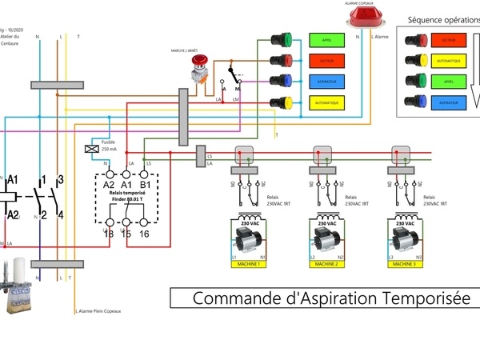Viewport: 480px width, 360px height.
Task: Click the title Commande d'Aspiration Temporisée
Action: pos(322,298)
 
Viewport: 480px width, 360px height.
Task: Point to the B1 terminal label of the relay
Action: pos(144,185)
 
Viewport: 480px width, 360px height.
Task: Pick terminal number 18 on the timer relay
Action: pos(109,233)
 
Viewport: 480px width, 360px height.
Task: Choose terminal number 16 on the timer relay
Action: pos(144,233)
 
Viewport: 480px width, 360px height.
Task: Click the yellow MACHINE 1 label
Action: pos(247,263)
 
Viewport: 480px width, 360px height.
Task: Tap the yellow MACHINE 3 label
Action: pos(405,263)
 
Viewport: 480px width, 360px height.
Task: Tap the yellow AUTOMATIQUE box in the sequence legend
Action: pos(449,60)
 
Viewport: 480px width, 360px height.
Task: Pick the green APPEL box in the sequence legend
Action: pos(449,81)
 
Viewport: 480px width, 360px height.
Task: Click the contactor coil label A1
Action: pos(11,183)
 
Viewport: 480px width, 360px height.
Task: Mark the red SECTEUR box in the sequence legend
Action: pos(449,39)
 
